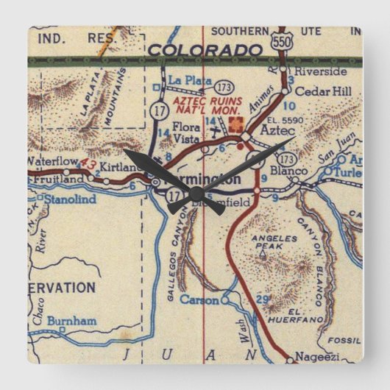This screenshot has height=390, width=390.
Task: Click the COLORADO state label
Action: click(205, 49)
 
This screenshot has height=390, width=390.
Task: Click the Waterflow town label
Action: click(52, 160)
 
